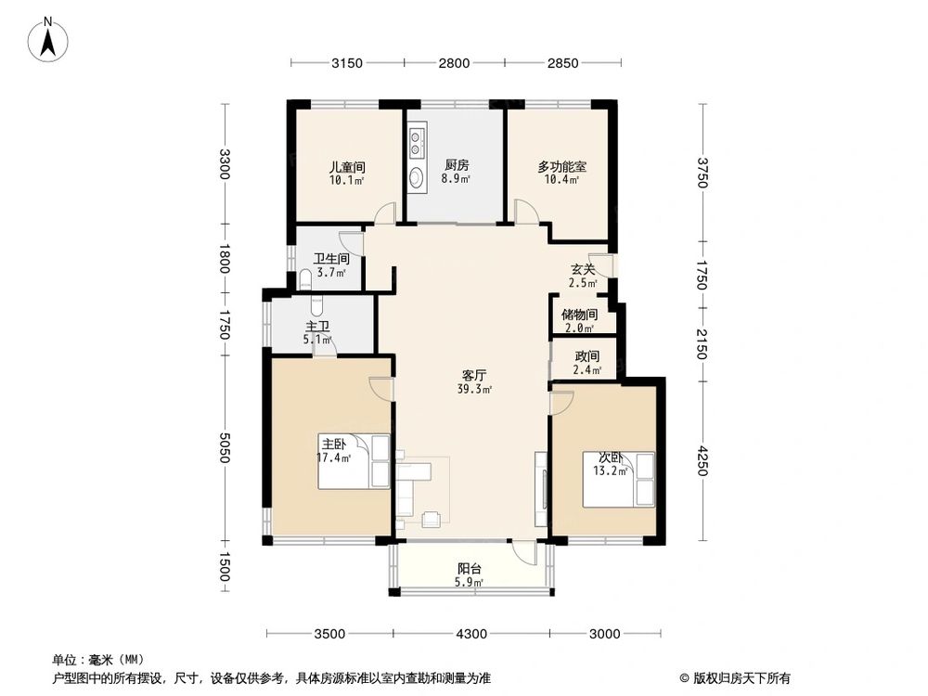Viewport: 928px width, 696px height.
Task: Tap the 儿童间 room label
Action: click(x=346, y=167)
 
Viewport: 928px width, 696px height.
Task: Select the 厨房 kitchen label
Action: click(x=456, y=166)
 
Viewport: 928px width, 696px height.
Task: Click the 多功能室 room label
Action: click(x=561, y=167)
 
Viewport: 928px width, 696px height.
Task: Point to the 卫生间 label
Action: click(x=330, y=260)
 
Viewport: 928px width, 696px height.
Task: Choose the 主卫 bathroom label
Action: click(x=317, y=327)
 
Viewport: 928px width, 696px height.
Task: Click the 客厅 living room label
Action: click(x=475, y=376)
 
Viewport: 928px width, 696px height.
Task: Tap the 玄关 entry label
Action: click(x=583, y=269)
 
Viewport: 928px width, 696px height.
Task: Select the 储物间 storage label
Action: click(x=579, y=315)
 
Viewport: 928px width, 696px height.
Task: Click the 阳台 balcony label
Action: click(x=470, y=569)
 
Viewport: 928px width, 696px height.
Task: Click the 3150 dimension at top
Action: click(x=346, y=63)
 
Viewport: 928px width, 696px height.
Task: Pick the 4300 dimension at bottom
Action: click(x=471, y=634)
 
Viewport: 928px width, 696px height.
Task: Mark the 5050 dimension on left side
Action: click(x=224, y=448)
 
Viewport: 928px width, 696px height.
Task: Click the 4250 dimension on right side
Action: click(x=702, y=461)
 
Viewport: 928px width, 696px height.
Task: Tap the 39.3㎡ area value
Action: click(x=474, y=390)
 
